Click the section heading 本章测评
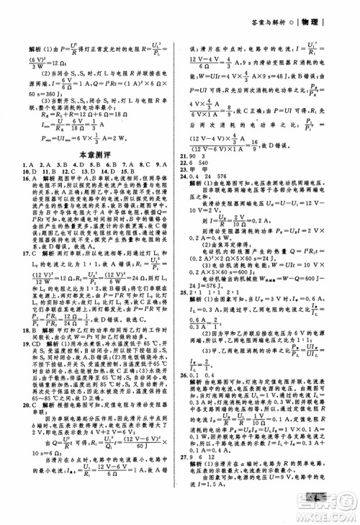pos(92,154)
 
